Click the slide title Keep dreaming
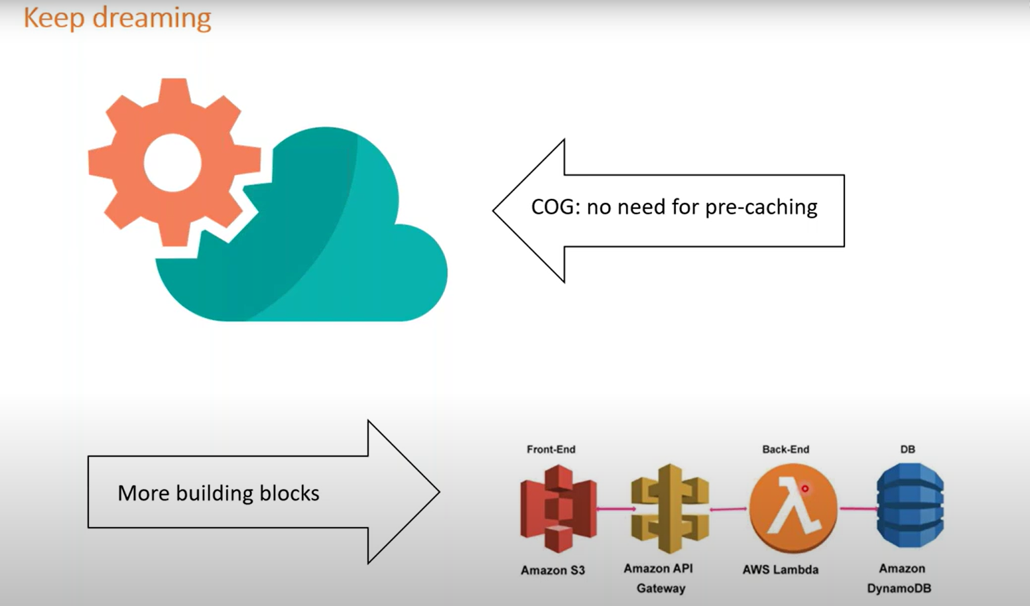(117, 18)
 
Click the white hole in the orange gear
(172, 162)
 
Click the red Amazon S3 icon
(558, 509)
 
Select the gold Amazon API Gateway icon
(669, 509)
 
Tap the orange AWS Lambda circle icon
(793, 509)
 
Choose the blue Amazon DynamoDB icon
(910, 506)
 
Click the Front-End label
(550, 450)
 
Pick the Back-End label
(785, 450)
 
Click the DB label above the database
(907, 450)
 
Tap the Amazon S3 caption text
(552, 570)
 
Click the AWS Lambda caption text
(780, 570)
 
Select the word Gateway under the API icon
(661, 588)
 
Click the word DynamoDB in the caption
(899, 588)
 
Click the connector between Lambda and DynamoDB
(858, 509)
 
